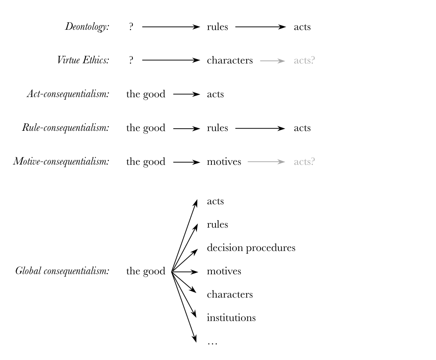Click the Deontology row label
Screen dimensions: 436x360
87,28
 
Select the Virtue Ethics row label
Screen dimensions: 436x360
83,61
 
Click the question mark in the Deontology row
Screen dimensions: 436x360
131,28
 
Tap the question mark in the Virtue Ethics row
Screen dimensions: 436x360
131,61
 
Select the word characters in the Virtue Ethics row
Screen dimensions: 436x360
230,61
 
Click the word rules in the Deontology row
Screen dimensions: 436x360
218,28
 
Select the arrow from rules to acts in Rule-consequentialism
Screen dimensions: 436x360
260,128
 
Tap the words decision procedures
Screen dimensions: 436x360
251,248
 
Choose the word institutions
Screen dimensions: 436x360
231,318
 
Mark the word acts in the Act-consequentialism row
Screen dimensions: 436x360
216,94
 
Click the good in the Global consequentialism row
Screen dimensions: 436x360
146,272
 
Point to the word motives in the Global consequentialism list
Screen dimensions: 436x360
224,272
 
